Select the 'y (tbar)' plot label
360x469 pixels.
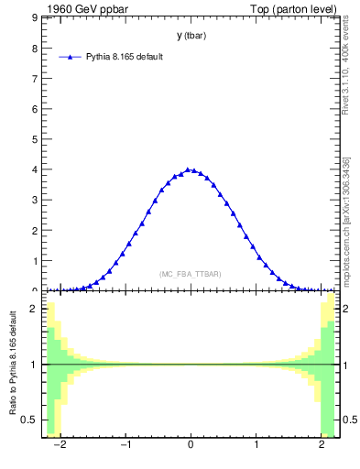[191, 36]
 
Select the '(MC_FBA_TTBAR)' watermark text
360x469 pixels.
[191, 275]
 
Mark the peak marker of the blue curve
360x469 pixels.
[188, 169]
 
